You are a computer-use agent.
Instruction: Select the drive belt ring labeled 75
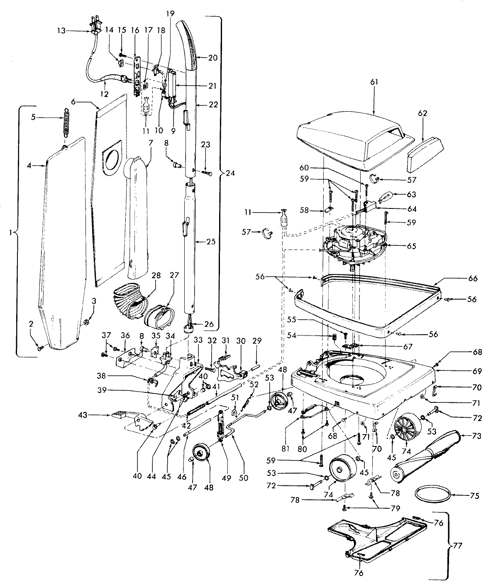coord(433,494)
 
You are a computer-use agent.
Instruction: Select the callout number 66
coord(473,279)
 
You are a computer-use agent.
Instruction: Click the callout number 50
coord(243,478)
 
